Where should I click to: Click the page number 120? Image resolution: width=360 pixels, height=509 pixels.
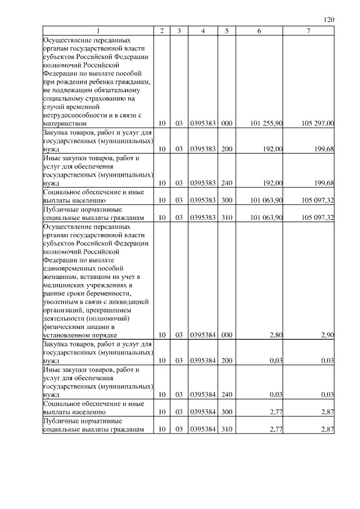point(330,20)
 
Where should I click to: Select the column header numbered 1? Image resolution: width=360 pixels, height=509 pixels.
point(98,31)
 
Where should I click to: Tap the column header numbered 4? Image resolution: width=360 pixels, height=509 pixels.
point(202,31)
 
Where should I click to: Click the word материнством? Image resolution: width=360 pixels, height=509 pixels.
point(65,123)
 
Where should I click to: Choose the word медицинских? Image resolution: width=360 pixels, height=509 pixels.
point(62,285)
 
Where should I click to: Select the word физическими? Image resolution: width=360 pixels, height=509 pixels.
point(63,327)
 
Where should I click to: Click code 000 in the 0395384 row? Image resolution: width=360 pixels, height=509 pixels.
point(227,335)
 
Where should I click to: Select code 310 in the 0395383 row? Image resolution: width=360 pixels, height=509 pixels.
point(227,217)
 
